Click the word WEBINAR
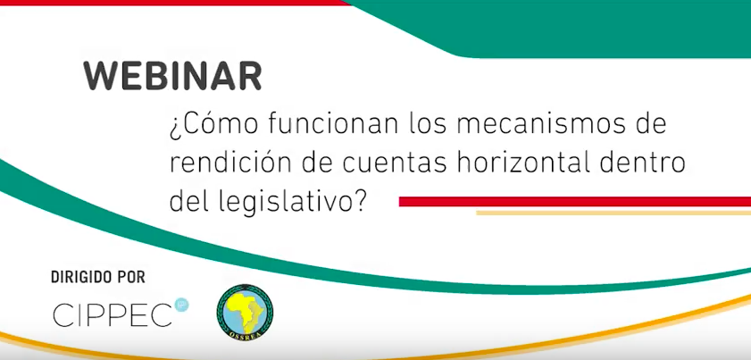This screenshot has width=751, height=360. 172,76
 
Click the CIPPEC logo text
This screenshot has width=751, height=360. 113,315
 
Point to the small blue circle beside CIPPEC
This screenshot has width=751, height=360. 181,305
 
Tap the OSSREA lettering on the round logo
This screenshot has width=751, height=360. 246,335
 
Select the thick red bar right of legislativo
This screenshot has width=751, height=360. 575,201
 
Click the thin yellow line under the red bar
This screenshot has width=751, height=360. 613,213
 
